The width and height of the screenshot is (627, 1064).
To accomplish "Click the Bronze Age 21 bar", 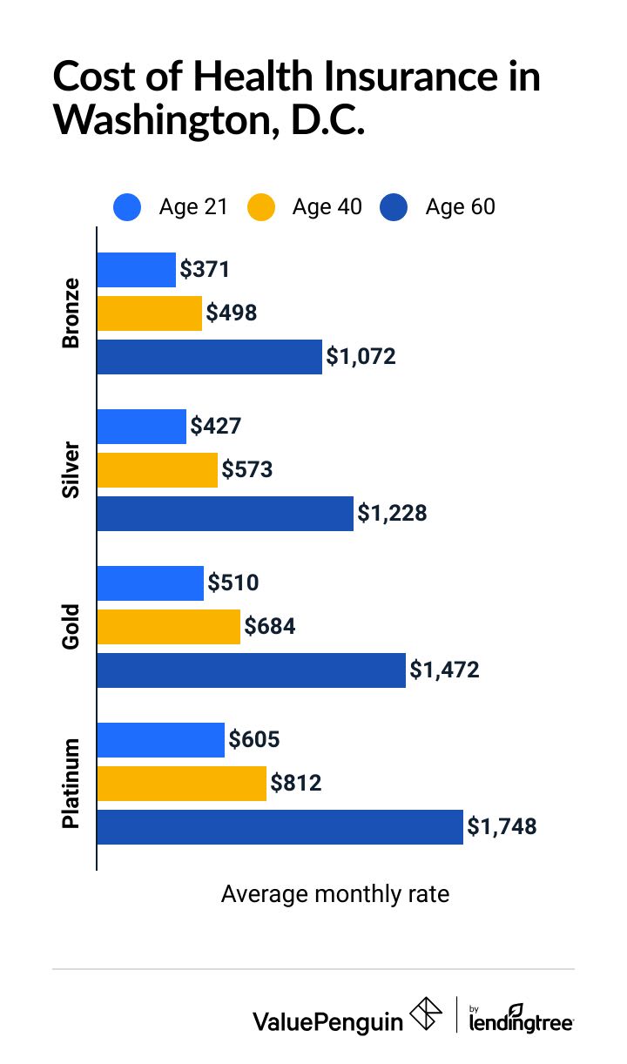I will [x=136, y=270].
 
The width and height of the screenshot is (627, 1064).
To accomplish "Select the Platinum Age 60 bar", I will [x=280, y=827].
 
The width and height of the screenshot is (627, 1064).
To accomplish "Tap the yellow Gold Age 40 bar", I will [x=168, y=627].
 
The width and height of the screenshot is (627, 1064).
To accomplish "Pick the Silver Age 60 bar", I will [x=225, y=514].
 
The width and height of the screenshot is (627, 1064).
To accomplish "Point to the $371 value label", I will [x=205, y=270].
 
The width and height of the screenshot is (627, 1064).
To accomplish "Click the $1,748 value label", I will [x=502, y=827].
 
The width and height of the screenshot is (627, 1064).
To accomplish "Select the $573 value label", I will [x=247, y=470].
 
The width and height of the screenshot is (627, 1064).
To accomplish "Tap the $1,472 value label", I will [x=444, y=670].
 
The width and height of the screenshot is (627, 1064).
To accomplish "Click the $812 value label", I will [x=296, y=784].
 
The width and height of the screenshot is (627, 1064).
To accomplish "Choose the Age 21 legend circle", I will [x=127, y=207].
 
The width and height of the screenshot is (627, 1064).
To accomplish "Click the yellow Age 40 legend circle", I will [x=260, y=207].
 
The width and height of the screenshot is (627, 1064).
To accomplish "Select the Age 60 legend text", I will [x=460, y=207].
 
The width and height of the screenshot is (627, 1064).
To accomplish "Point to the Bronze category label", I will [x=71, y=313].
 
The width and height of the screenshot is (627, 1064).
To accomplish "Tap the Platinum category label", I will [x=71, y=784].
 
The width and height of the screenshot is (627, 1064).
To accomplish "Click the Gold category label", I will [x=71, y=627].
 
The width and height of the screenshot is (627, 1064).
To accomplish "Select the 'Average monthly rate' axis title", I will [x=335, y=894].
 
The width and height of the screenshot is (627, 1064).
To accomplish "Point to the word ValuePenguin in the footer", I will [x=327, y=1021].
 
